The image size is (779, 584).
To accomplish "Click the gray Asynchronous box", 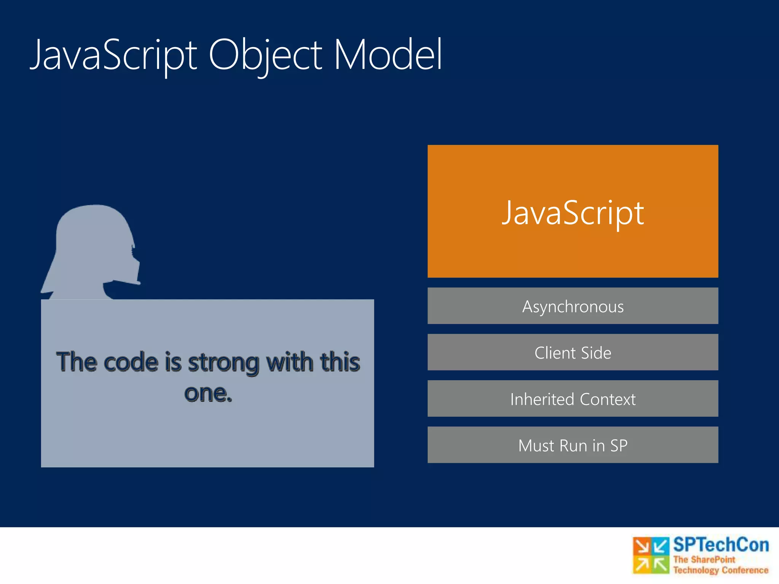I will [x=573, y=306].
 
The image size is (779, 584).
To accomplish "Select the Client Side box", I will [x=573, y=352].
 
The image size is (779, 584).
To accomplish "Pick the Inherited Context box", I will [x=573, y=399].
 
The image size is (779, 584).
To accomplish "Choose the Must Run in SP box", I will [x=573, y=445].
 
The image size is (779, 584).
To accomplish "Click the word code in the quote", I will [x=130, y=362].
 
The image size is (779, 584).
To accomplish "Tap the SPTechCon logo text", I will [x=721, y=545].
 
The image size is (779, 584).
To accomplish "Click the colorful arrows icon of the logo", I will [x=651, y=555].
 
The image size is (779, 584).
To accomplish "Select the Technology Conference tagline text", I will [x=721, y=570].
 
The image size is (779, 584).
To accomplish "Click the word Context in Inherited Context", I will [x=607, y=399].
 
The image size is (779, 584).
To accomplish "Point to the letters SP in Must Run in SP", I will [x=619, y=446].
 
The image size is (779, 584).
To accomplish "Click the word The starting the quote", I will [x=76, y=362].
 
